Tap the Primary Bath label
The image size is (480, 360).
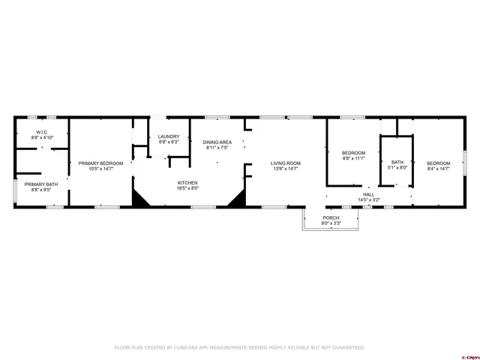point(40,184)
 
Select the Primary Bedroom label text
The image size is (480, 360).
point(100,163)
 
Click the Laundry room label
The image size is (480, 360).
point(168,136)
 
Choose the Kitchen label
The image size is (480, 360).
point(187,183)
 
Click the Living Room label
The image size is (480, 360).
point(286,163)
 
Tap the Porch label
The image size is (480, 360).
point(331,217)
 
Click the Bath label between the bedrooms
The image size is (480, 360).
point(397,162)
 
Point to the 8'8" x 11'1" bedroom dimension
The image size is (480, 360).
point(353,158)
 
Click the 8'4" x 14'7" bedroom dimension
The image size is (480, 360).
point(439,169)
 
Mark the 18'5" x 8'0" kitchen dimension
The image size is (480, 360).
point(187,189)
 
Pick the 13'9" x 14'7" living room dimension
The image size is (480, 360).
point(286,169)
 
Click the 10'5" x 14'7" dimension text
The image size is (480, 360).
point(100,169)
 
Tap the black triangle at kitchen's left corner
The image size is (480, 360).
point(140,198)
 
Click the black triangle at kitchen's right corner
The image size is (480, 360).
point(238,198)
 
